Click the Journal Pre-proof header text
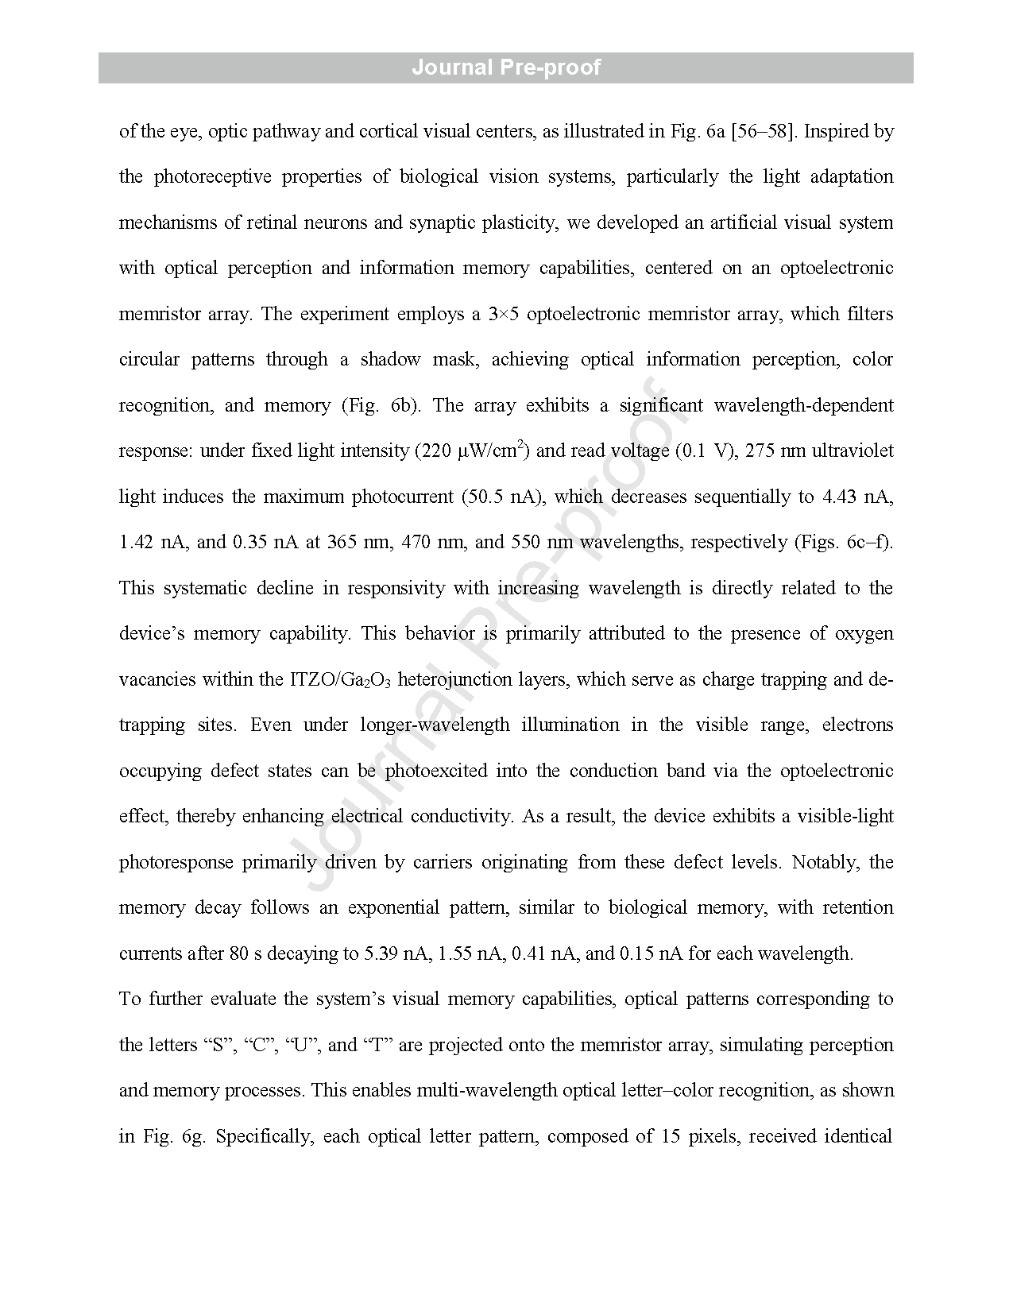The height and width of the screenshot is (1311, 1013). tap(506, 68)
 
